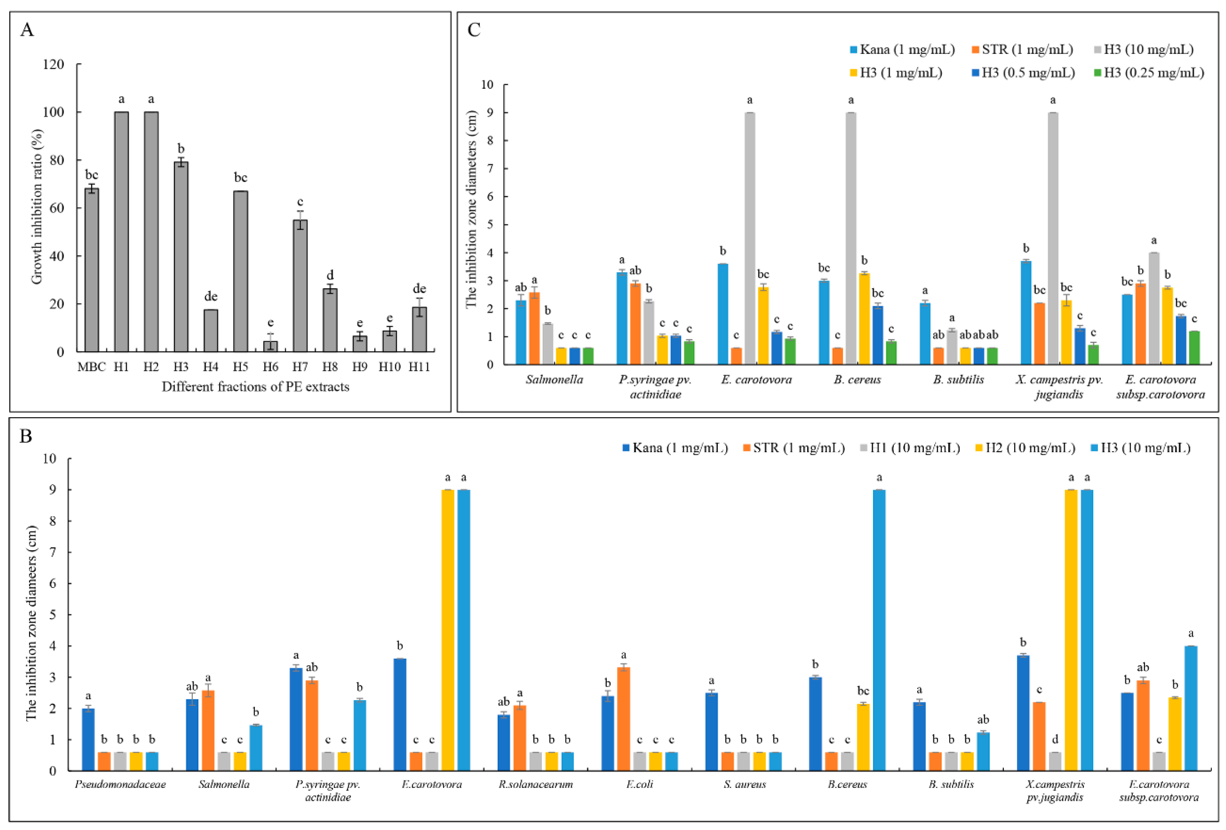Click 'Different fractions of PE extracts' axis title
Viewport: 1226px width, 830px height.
coord(255,387)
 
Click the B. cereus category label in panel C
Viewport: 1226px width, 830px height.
coord(857,379)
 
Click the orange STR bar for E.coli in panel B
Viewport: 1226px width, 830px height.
coord(624,719)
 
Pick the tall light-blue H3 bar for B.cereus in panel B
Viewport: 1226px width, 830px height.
coord(879,630)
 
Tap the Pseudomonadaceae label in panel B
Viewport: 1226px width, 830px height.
coord(120,784)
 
